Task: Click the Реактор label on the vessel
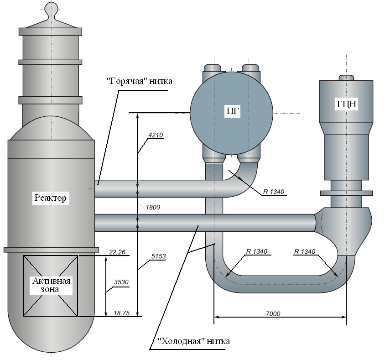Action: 51,198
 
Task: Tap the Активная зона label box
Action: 51,285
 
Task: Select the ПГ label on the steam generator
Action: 232,111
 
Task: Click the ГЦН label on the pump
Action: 346,104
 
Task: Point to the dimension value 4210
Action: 156,135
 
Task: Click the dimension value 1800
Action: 153,208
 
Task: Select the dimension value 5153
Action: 158,256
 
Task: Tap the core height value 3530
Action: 121,282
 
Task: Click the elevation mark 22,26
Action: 117,252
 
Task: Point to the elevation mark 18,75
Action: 121,313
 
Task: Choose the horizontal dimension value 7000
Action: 273,314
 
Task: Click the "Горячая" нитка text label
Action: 140,81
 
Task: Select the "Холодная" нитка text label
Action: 194,341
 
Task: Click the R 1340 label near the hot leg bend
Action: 274,192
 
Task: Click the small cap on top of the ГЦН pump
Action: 346,78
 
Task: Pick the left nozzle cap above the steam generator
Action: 213,68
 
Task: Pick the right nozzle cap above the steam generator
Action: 250,68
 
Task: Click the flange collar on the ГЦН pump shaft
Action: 346,193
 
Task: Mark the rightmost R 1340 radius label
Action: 305,252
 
